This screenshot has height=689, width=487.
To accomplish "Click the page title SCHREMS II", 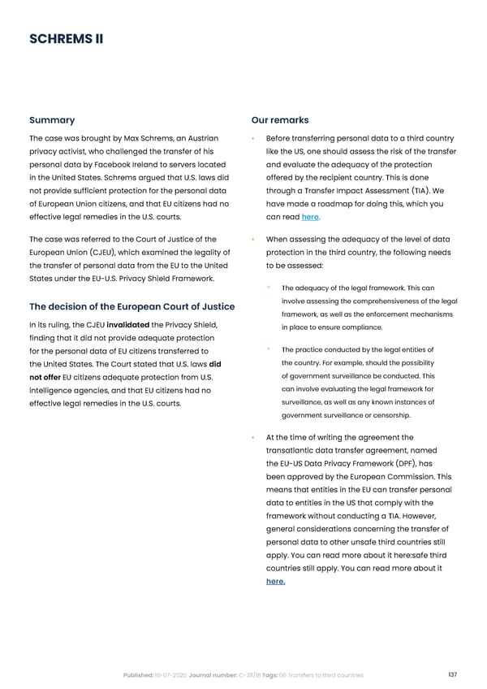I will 66,39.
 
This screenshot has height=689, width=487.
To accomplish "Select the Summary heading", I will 52,120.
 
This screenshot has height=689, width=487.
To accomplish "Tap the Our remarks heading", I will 280,120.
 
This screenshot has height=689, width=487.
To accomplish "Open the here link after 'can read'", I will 309,217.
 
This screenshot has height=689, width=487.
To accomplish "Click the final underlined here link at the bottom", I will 275,604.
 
